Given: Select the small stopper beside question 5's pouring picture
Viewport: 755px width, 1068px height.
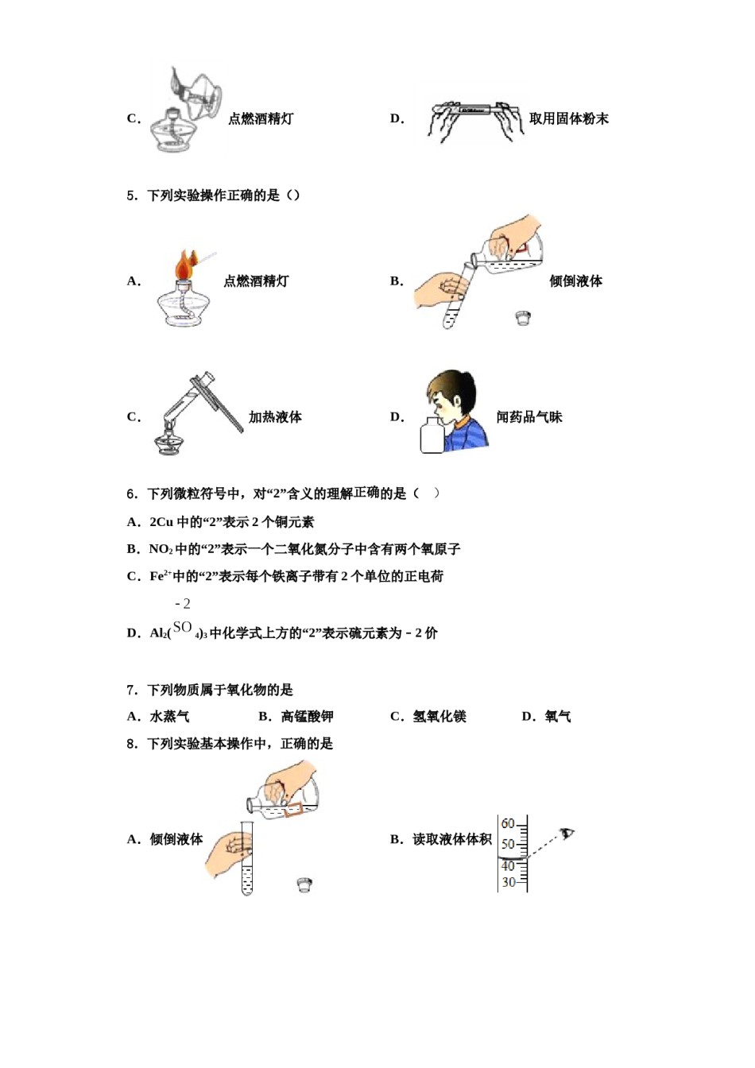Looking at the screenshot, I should [522, 318].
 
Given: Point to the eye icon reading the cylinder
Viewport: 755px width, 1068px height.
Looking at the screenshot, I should [567, 834].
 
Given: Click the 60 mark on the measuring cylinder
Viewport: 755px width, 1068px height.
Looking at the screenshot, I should [508, 824].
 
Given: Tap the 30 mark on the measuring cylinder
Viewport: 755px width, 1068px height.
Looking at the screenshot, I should [508, 882].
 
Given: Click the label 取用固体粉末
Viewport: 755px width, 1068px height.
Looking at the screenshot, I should [568, 118].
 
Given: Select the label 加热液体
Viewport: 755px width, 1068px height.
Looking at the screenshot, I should [275, 417].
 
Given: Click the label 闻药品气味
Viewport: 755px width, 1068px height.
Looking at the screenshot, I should [528, 417].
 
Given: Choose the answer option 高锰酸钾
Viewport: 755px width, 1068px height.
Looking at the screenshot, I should [307, 717].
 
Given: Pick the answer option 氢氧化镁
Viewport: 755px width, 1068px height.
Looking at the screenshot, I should [439, 717].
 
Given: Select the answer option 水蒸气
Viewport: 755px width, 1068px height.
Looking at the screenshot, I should [169, 717].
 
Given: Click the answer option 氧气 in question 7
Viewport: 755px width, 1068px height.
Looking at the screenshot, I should [557, 717].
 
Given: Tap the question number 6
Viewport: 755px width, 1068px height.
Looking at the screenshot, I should [132, 494].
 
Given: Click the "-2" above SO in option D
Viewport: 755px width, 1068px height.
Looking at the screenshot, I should [182, 604].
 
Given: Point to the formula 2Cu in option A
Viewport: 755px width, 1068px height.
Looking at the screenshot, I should [161, 522].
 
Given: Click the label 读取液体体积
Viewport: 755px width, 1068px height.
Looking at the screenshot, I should [451, 839].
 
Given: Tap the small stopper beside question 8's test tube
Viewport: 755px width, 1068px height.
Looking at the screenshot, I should [304, 884].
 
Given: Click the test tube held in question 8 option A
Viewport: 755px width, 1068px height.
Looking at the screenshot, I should [247, 862].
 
